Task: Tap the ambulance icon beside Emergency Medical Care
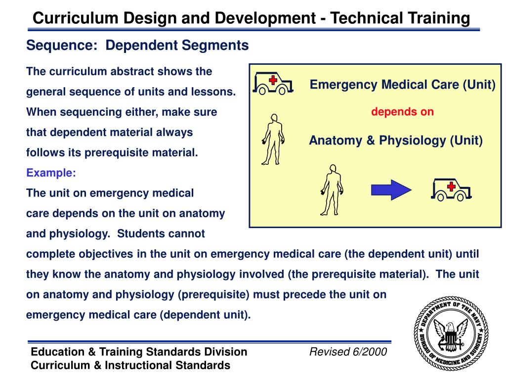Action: point(273,84)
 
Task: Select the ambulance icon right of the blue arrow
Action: point(451,190)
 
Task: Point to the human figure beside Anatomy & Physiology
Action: point(273,139)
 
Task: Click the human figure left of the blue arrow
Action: point(332,190)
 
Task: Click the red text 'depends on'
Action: point(402,112)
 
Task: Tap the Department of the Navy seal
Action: point(451,337)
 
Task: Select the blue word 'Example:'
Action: point(51,173)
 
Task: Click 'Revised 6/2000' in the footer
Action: point(348,352)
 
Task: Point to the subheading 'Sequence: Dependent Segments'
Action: point(137,46)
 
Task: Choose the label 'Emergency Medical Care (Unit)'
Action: point(402,85)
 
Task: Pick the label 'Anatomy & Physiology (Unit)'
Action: point(396,141)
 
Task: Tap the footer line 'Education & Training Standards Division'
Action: point(139,352)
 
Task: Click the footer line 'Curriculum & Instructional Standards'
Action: point(130,365)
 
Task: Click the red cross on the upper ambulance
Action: point(272,80)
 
